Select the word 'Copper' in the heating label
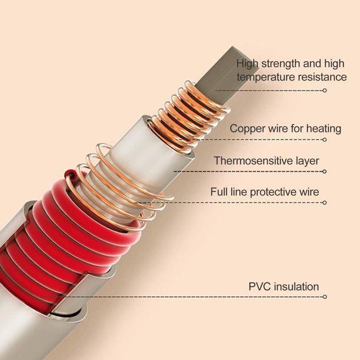click(246, 128)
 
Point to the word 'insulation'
click(295, 287)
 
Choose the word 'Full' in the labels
click(220, 192)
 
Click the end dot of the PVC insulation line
click(324, 297)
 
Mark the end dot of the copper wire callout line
click(324, 140)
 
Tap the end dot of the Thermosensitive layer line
click(324, 172)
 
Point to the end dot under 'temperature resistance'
click(324, 91)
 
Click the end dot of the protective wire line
click(324, 202)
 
